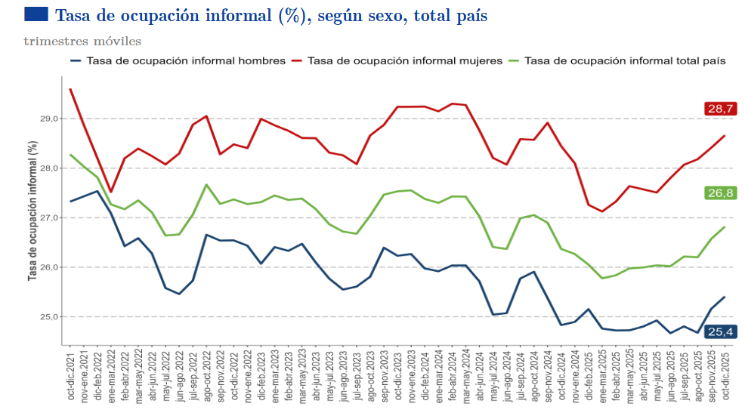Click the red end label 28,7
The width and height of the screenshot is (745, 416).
pos(721,109)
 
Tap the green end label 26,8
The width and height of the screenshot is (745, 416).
pos(721,193)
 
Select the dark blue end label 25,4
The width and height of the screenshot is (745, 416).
pos(721,331)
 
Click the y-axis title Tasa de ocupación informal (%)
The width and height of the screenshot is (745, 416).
pos(32,211)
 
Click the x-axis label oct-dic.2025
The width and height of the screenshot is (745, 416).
pos(725,376)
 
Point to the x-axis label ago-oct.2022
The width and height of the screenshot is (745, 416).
pos(206,376)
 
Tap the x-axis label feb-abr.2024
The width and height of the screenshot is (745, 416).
pos(452,376)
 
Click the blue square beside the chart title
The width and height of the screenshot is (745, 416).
pos(36,14)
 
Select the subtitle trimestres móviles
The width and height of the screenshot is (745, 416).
pos(82,41)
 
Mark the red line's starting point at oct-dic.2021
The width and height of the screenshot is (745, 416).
pos(70,89)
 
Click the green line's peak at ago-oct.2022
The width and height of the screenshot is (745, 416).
pos(206,184)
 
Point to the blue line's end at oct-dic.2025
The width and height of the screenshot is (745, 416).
pos(725,297)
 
